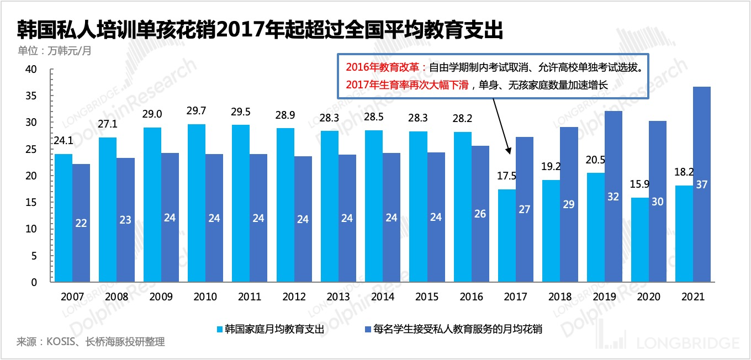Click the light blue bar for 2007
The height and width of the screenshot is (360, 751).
63,218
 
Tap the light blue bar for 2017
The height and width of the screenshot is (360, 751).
507,235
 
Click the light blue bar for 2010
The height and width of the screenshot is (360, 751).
196,203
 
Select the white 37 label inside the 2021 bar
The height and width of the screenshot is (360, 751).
702,185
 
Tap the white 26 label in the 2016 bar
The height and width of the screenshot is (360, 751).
480,214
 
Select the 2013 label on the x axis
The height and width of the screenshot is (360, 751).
338,297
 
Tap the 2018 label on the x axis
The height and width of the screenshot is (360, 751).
560,297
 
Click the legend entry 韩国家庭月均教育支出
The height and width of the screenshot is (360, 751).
271,330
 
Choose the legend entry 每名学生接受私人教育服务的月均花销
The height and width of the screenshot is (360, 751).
452,330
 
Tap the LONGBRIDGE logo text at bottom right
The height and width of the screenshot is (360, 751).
687,343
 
